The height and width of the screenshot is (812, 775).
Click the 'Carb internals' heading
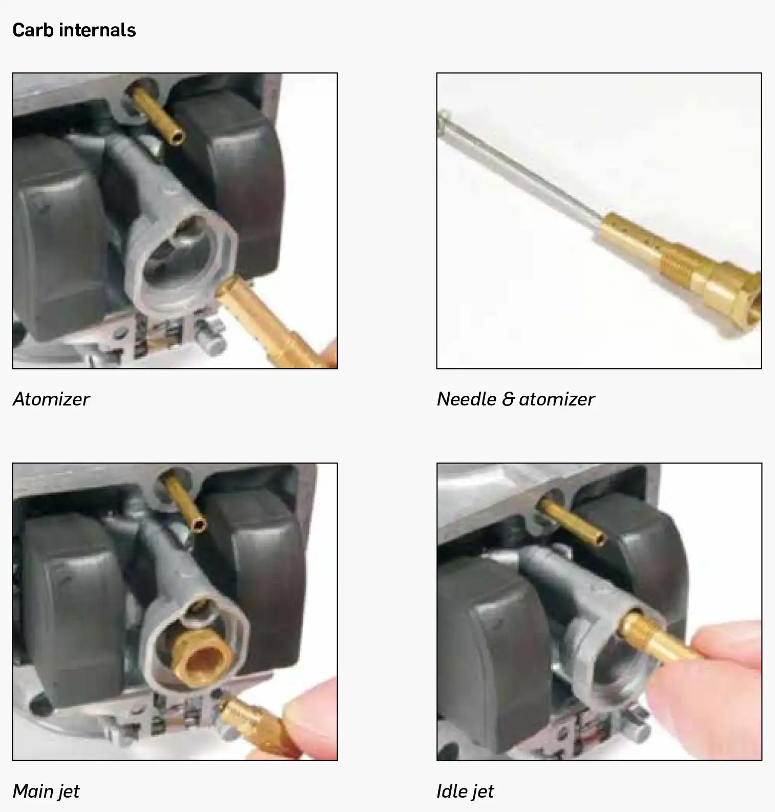click(x=74, y=30)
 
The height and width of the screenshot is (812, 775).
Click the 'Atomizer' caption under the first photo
click(x=51, y=399)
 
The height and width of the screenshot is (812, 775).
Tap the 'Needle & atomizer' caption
click(x=516, y=399)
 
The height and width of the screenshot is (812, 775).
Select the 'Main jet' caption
click(x=46, y=791)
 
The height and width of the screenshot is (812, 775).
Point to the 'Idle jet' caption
click(x=465, y=791)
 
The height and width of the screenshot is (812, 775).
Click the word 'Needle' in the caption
click(x=467, y=399)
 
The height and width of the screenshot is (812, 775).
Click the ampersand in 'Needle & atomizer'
click(x=508, y=399)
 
